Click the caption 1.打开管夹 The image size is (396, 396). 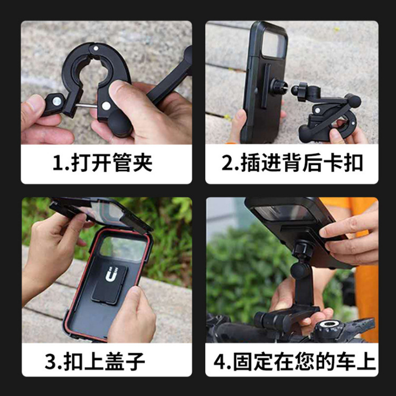[x=102, y=163]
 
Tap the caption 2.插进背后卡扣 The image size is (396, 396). [x=292, y=163]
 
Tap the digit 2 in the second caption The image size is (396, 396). [x=227, y=163]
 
